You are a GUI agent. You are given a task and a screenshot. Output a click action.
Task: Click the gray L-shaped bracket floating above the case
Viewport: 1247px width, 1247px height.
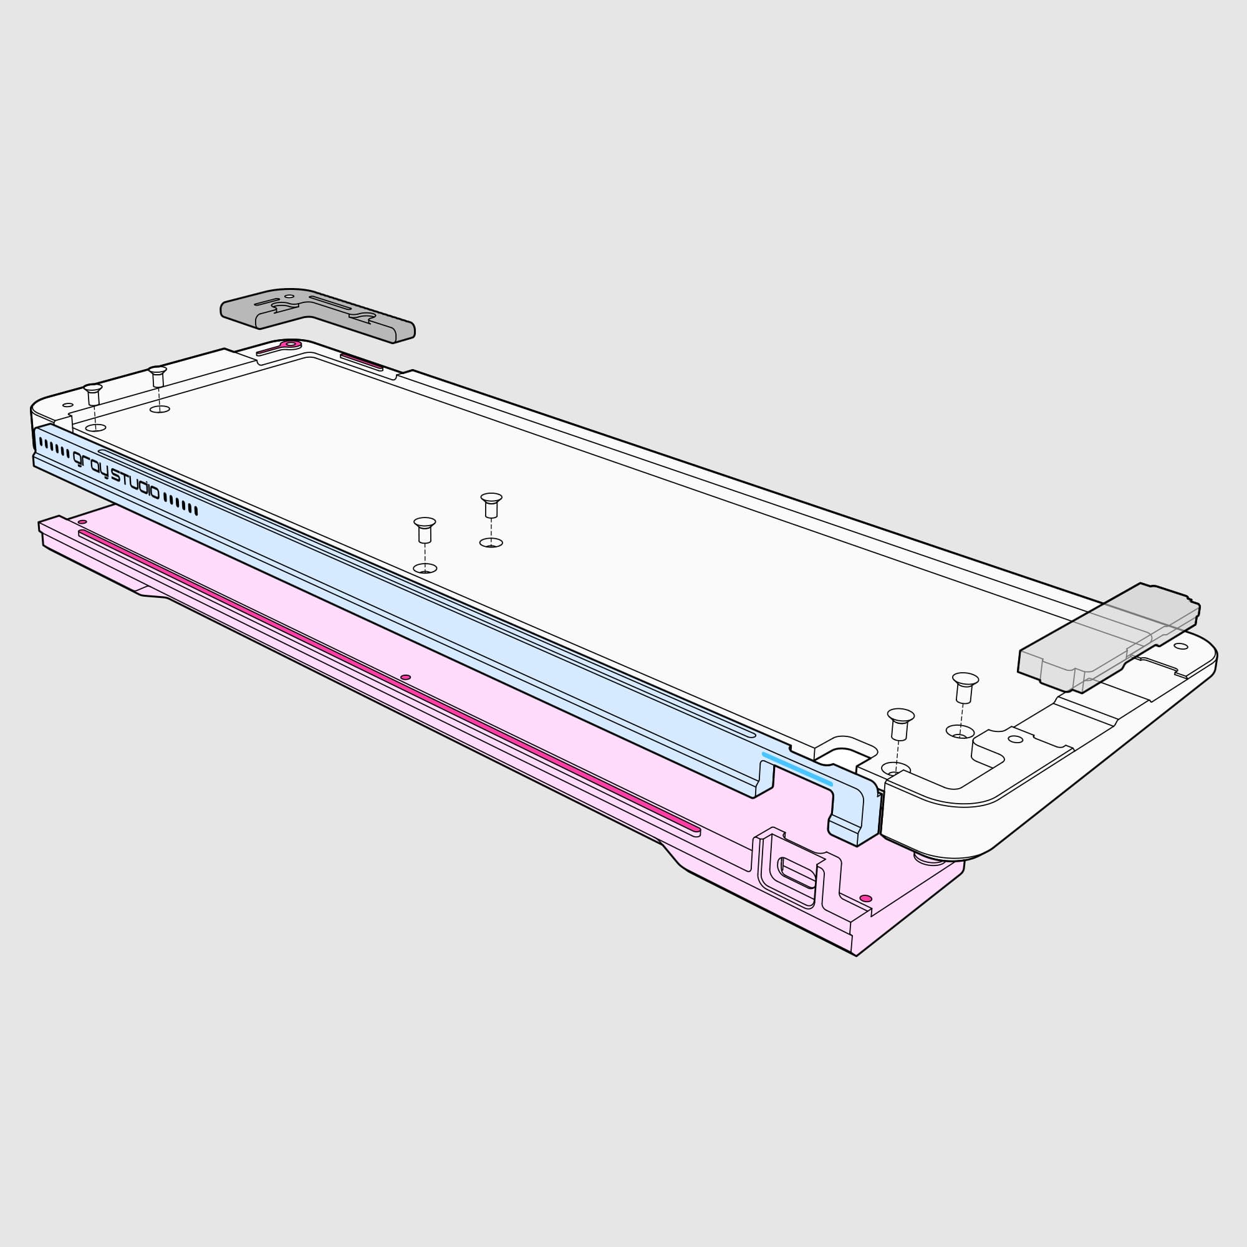pos(316,313)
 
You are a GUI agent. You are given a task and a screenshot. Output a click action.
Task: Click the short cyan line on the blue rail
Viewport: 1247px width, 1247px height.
pos(797,769)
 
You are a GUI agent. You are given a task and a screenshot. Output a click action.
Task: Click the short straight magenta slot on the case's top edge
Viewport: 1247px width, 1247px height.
pos(362,361)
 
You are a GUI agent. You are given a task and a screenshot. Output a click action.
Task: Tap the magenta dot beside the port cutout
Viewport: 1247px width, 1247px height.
pos(866,898)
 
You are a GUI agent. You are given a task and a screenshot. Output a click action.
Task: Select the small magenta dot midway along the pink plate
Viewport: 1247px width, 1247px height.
pos(405,677)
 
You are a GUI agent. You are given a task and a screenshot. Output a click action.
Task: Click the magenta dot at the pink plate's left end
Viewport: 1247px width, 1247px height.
pos(82,521)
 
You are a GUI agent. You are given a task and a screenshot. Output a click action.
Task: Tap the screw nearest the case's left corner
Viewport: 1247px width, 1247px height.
pos(93,393)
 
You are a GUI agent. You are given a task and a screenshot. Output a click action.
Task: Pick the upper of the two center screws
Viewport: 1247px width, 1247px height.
pos(491,505)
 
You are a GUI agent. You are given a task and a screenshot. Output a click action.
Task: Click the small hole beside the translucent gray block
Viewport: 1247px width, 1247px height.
pos(1180,646)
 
